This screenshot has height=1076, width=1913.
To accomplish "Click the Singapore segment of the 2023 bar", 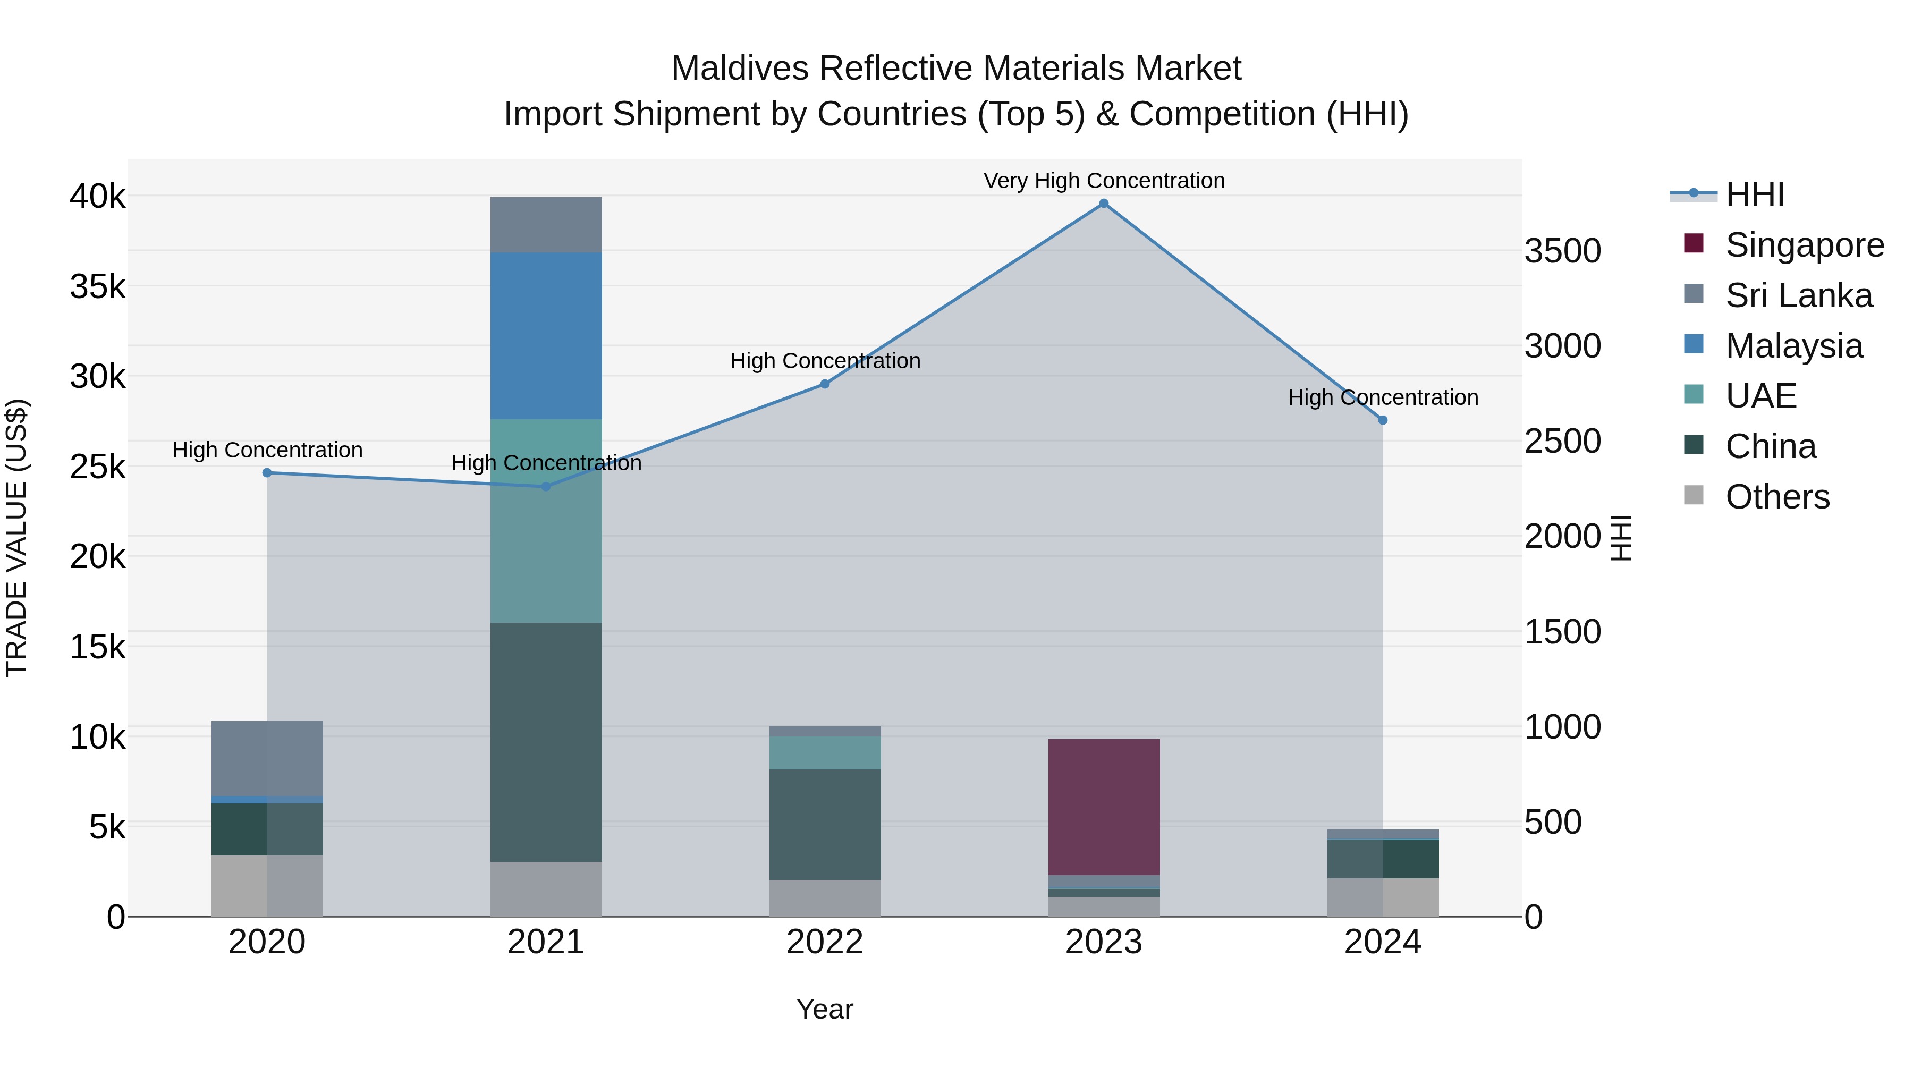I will (x=1104, y=807).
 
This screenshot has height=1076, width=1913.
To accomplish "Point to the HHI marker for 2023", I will (x=1104, y=204).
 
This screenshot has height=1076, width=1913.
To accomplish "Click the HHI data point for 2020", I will (x=267, y=473).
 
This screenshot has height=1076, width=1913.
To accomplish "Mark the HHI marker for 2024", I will (x=1382, y=420).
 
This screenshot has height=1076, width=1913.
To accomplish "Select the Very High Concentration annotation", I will (x=1104, y=181).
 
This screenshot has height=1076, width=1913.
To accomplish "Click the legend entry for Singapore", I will (x=1804, y=245).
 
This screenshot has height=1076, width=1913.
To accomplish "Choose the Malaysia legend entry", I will (x=1793, y=346).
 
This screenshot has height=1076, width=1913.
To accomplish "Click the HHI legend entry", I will (x=1754, y=194).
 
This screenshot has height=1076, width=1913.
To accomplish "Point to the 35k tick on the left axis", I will (x=97, y=286).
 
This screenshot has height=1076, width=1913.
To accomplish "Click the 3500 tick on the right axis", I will (x=1562, y=251).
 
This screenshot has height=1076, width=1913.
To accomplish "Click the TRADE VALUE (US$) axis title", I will (x=16, y=538).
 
